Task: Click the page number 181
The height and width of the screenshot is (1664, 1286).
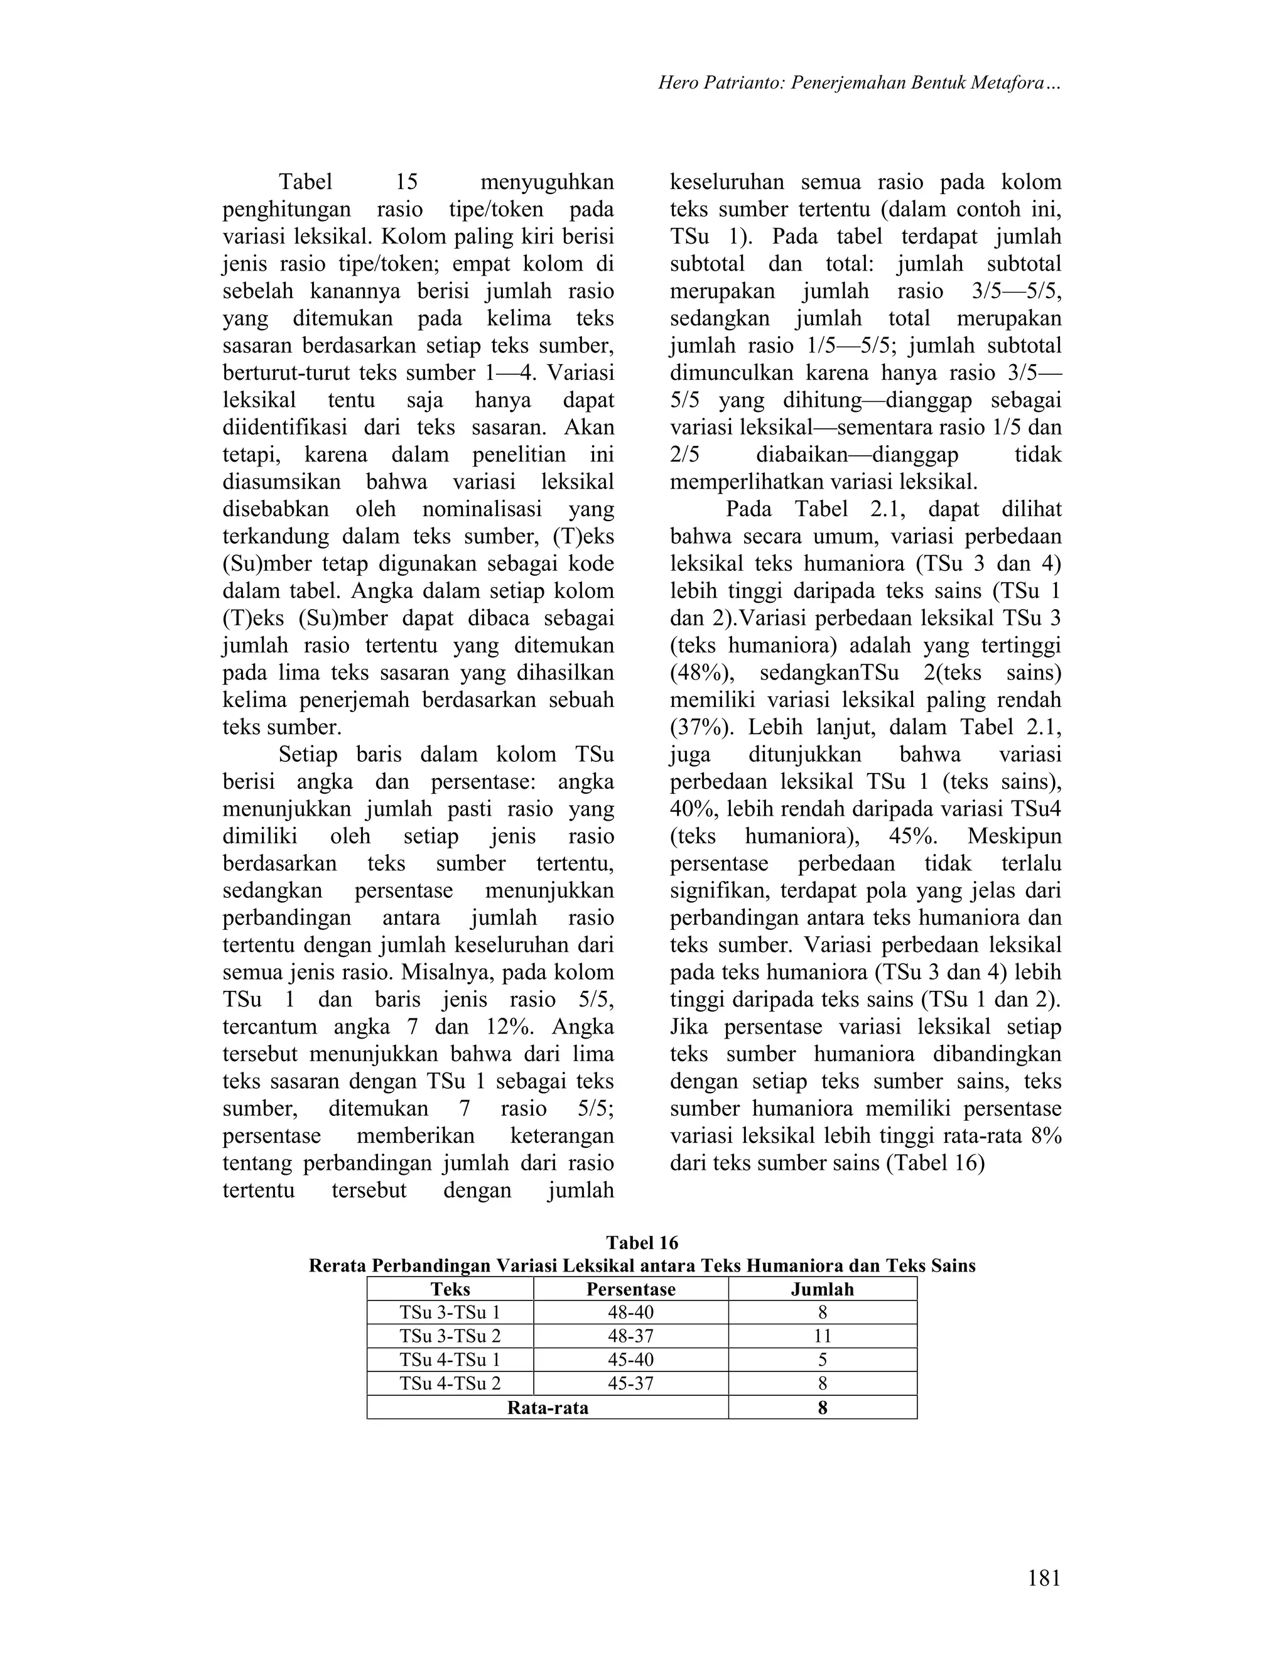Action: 1043,1578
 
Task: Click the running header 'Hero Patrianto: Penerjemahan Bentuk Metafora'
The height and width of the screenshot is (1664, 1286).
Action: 860,83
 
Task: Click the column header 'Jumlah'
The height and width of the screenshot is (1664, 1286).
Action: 822,1289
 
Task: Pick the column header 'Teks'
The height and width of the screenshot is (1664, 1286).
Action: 450,1289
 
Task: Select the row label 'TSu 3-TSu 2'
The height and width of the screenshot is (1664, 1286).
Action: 450,1336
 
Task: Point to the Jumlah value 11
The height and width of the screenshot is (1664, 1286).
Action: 822,1336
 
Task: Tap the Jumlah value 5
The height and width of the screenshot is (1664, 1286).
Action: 822,1360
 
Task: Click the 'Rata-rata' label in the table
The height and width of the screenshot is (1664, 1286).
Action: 547,1407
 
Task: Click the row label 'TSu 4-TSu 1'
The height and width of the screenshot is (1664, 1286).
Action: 450,1360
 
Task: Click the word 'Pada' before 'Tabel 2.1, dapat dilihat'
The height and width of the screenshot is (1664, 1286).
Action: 749,509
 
